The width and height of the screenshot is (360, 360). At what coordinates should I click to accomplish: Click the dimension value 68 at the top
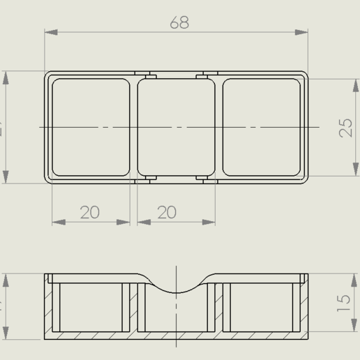(179, 22)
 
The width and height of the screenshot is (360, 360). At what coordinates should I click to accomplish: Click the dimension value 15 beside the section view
(344, 302)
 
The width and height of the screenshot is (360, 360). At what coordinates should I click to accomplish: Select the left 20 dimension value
(90, 212)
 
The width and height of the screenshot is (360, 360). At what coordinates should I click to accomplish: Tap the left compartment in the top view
(91, 127)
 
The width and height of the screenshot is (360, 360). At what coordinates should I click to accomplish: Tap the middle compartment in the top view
(176, 127)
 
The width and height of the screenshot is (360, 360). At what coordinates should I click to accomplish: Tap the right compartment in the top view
(262, 127)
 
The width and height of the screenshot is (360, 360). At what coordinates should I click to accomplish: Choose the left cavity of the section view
(91, 307)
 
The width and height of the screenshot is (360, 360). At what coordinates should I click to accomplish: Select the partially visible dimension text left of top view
(2, 128)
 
